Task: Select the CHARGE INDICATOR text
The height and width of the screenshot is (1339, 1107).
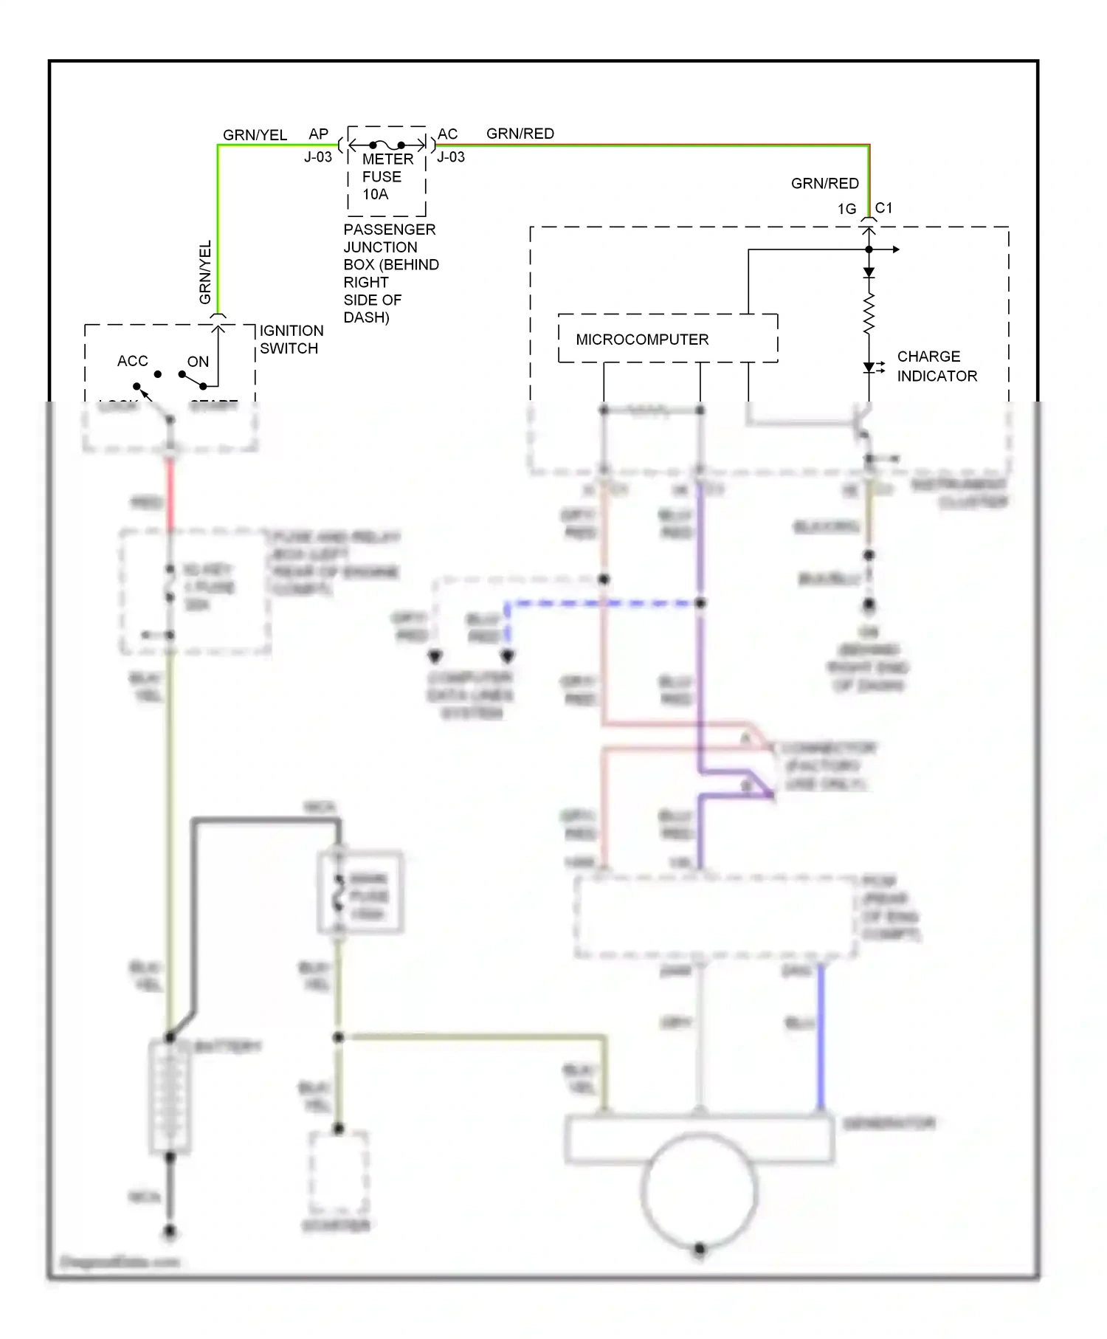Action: [x=937, y=366]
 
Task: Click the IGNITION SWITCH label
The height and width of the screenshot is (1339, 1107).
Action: [x=291, y=340]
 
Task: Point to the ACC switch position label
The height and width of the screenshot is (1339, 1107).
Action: [x=133, y=361]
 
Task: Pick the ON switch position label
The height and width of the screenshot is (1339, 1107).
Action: [x=198, y=362]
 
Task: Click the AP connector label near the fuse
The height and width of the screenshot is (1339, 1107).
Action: [x=318, y=134]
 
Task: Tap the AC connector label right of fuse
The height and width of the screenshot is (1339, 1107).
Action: [x=447, y=134]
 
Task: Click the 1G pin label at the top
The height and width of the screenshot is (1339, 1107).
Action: [x=846, y=210]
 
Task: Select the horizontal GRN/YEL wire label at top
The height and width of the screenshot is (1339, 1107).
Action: [x=255, y=135]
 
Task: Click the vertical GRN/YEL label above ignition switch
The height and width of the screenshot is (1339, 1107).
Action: [x=205, y=272]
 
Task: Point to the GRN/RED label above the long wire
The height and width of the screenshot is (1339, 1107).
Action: [x=520, y=134]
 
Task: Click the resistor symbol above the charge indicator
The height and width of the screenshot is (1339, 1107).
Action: [x=869, y=314]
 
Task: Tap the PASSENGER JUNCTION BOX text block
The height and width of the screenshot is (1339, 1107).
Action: [x=390, y=273]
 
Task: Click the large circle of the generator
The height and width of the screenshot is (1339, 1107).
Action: [x=699, y=1189]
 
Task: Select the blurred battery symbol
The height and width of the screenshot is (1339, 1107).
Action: [x=170, y=1096]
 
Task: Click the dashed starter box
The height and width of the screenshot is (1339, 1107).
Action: [x=338, y=1174]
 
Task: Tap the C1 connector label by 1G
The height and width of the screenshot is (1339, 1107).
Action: [x=884, y=208]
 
